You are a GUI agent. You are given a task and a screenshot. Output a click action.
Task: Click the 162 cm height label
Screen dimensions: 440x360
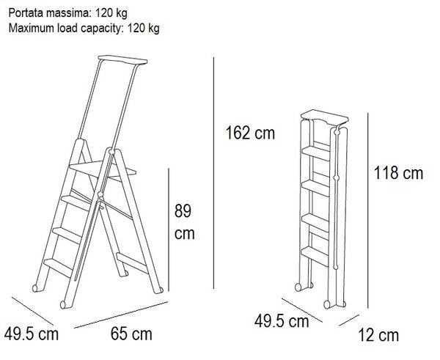250,133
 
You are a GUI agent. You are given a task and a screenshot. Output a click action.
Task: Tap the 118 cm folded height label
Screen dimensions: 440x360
398,172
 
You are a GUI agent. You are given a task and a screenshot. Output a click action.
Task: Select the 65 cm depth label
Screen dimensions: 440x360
131,334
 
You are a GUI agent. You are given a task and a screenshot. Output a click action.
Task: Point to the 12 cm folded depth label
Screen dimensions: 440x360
378,335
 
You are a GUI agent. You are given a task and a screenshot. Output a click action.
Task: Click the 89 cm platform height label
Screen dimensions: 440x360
184,222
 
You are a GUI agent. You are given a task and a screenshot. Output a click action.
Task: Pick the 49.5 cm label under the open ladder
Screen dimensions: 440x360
31,334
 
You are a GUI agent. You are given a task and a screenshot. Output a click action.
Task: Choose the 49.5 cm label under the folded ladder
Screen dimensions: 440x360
282,321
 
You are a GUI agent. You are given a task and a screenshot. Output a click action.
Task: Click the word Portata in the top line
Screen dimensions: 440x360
26,13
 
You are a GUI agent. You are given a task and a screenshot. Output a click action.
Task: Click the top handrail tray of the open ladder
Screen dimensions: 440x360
122,59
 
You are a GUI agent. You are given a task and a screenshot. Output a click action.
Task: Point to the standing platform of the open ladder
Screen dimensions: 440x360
103,169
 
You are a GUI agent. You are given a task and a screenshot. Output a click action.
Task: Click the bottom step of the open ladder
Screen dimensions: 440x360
59,267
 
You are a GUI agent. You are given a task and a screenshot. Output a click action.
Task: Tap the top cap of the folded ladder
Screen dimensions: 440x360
325,117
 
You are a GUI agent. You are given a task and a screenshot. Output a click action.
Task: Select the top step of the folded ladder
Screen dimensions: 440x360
315,153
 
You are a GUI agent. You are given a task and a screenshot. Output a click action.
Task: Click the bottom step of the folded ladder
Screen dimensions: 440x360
315,256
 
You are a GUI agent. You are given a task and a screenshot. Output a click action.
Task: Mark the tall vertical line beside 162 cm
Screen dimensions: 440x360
213,173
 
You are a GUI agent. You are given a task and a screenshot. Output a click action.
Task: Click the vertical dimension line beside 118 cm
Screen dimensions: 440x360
368,210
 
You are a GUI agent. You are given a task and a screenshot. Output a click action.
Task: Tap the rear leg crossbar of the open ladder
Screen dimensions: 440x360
132,263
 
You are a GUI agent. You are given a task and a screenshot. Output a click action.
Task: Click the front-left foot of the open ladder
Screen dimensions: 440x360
35,288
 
